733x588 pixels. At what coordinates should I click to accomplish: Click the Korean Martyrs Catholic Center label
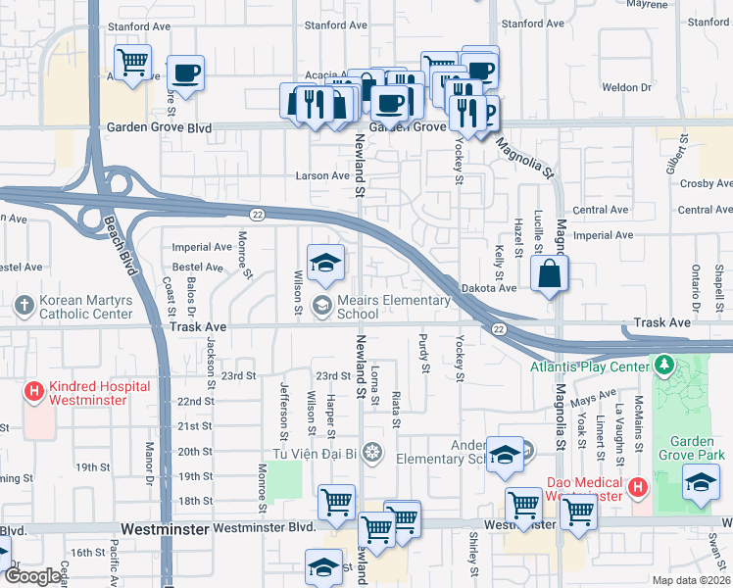[85, 307]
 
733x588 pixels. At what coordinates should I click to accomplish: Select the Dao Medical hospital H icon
[638, 487]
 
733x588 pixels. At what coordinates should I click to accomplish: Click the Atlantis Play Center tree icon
[664, 367]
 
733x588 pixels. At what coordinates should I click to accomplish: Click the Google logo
[31, 577]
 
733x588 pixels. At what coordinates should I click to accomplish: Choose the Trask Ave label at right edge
[662, 322]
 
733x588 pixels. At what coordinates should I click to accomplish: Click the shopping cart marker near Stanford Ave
[132, 63]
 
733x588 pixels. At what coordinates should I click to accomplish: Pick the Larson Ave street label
[322, 176]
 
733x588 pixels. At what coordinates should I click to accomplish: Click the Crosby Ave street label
[706, 183]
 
